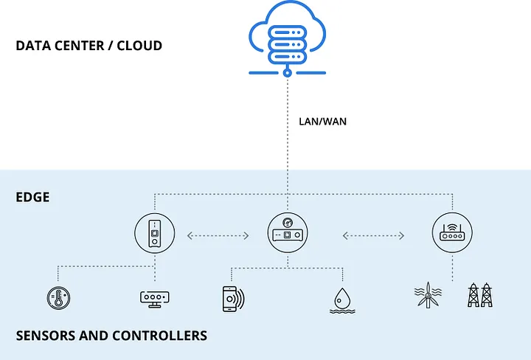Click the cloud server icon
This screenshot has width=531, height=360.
coord(288,38)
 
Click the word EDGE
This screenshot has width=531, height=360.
coord(32,198)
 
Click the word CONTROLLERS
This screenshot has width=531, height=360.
coord(159,336)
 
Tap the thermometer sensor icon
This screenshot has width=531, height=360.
coord(57,298)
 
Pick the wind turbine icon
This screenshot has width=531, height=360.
coord(428,295)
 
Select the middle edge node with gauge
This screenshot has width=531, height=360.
coord(288,235)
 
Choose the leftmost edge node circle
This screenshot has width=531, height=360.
coord(155,235)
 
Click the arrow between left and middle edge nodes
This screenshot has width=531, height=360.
coord(218,236)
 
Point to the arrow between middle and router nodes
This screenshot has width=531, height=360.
coord(373,236)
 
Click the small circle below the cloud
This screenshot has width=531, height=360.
coord(288,74)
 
